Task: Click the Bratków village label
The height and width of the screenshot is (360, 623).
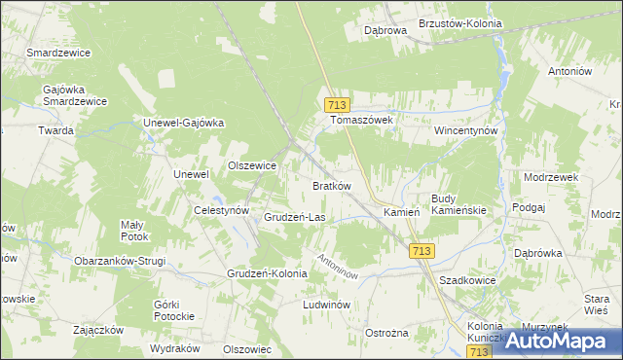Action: (331, 185)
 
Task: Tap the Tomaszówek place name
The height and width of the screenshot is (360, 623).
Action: (360, 120)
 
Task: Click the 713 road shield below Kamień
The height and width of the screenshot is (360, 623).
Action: (421, 251)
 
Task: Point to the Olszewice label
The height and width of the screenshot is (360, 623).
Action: (252, 166)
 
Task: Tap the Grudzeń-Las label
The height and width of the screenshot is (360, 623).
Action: (294, 217)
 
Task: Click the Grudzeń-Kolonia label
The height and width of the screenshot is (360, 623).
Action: (267, 273)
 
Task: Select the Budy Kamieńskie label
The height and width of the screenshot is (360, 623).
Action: (458, 204)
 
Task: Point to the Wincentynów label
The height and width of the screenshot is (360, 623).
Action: (466, 129)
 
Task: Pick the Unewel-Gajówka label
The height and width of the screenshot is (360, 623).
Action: (184, 123)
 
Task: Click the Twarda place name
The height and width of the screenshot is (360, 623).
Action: (56, 130)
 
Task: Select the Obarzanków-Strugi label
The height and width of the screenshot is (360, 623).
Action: (120, 261)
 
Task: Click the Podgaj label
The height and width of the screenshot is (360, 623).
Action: (526, 208)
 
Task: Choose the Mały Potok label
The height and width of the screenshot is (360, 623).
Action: (134, 231)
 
